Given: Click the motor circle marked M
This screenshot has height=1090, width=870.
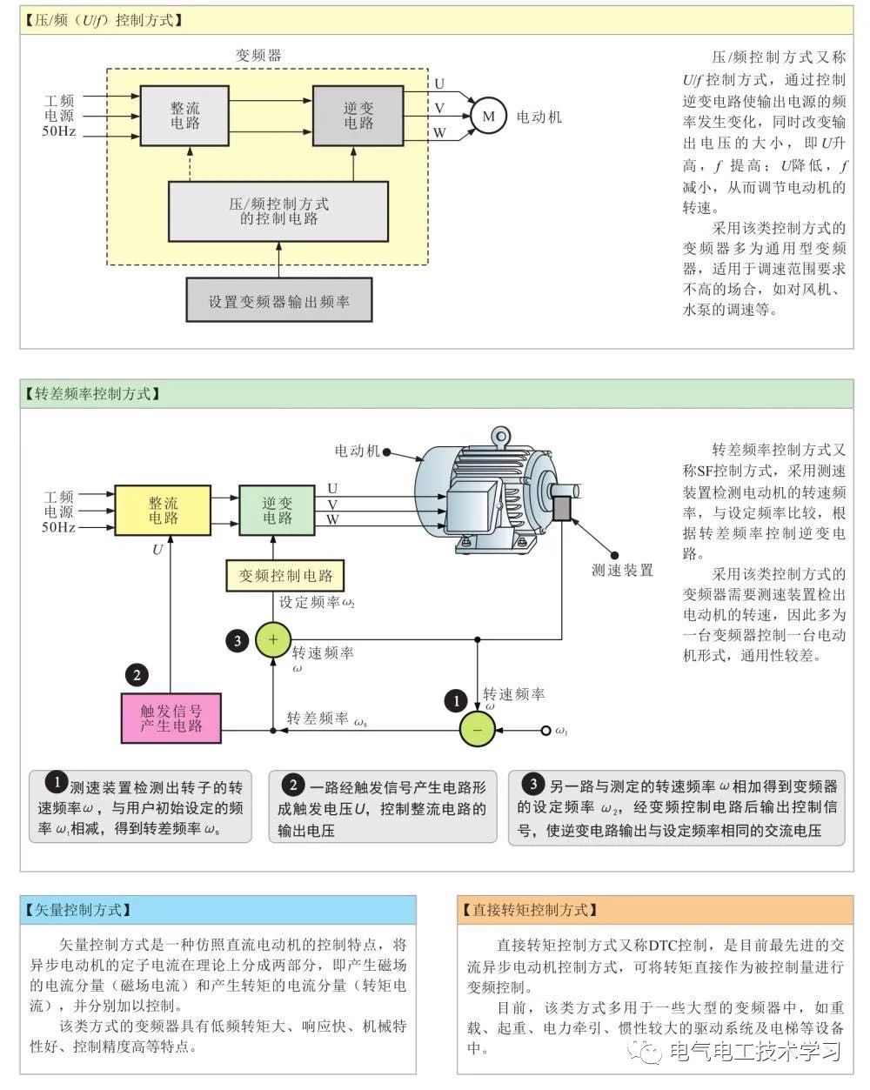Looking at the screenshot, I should (x=488, y=117).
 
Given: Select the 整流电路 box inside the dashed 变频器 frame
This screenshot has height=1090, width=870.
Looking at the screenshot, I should (x=184, y=116).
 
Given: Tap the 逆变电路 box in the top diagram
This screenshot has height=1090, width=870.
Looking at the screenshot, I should (x=358, y=116).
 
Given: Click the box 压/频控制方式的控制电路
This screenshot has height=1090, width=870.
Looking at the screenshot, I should (x=278, y=211).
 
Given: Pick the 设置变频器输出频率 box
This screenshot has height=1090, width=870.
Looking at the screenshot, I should (x=278, y=301).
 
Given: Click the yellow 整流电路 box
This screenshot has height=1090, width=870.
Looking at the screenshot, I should (x=163, y=511).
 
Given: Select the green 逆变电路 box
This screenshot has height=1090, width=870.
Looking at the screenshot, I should (x=278, y=511).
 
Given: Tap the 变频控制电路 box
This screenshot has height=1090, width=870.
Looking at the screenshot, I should (x=285, y=576).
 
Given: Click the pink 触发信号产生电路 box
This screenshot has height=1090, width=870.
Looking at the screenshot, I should (x=171, y=718).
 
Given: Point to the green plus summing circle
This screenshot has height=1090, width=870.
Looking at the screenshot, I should (x=272, y=640).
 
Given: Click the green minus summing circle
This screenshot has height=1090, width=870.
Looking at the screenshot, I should (x=477, y=729).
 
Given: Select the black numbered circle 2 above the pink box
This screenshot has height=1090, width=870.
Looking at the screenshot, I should (x=136, y=674).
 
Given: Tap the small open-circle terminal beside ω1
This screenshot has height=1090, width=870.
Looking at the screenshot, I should (x=546, y=730).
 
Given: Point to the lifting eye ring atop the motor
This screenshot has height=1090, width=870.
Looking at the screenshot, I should (x=499, y=435).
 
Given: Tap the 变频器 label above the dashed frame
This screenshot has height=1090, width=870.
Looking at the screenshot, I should (x=258, y=55).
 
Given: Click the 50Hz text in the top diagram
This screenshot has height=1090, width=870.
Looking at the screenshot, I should (x=59, y=131).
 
